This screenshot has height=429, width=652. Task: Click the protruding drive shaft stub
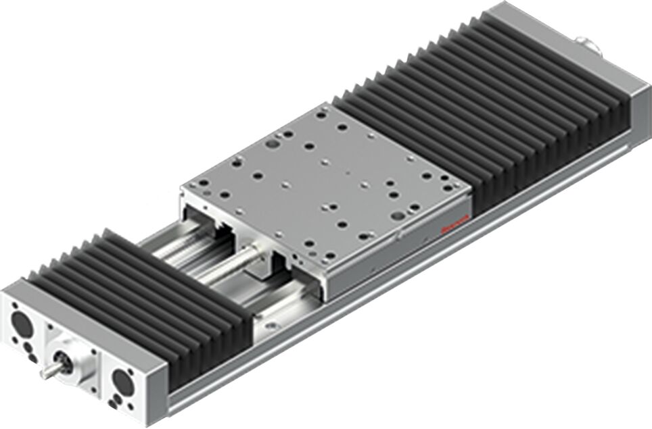pyautogui.click(x=49, y=370)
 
